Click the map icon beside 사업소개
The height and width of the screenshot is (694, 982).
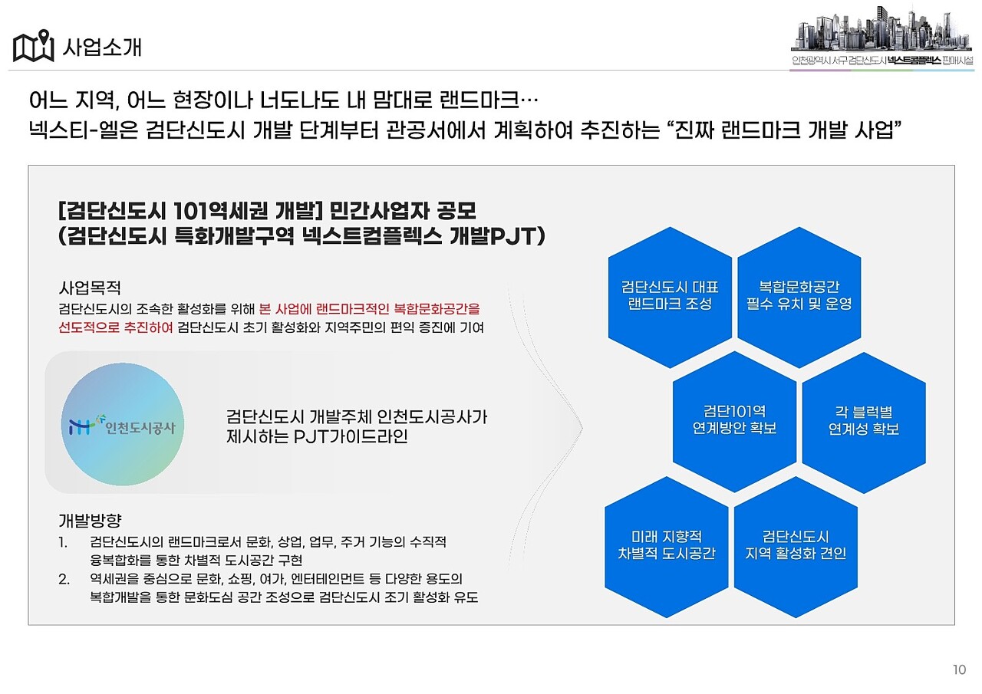[x=33, y=47]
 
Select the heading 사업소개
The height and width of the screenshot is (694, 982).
[x=102, y=48]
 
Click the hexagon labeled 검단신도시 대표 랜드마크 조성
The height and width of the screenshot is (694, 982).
[x=670, y=296]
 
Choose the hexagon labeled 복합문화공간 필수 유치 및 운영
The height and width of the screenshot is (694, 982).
[x=799, y=296]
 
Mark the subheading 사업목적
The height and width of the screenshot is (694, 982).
[x=90, y=288]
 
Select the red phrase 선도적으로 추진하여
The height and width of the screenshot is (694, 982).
[x=116, y=328]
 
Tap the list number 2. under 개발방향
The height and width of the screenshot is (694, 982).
[x=64, y=579]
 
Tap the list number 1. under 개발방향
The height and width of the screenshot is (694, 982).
[x=64, y=542]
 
